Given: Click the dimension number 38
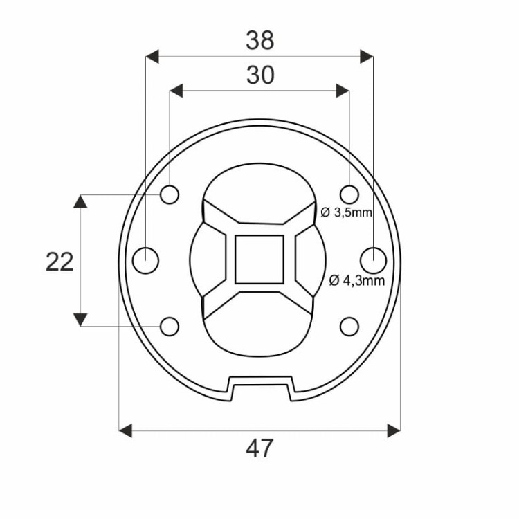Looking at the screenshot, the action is pos(259,40).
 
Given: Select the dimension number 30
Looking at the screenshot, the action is pos(260,75).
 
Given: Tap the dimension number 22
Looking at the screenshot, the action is pos(60,262).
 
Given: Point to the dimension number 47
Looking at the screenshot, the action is pos(259,448).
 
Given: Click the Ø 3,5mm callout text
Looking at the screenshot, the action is pos(346,212).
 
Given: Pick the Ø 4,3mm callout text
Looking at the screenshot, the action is pos(357,281).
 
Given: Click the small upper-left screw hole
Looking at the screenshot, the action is pos(170,194).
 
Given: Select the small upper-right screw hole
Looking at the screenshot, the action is pos(349,194).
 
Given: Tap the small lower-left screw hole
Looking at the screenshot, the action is pos(170,327).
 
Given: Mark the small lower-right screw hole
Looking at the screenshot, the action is pos(349,327).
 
